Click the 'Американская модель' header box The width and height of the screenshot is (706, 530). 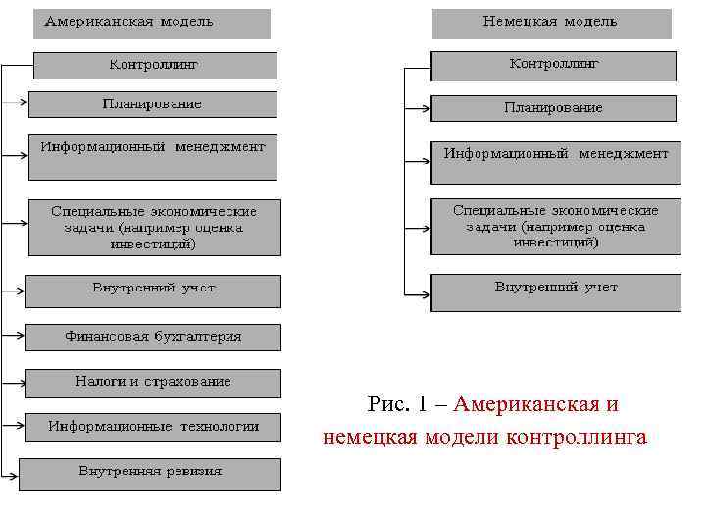[151, 23]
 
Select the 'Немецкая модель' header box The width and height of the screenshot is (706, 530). [551, 23]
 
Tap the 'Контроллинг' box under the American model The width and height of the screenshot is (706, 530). [154, 65]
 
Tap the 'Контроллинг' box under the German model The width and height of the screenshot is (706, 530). [554, 66]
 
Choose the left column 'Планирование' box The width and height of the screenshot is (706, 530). [153, 104]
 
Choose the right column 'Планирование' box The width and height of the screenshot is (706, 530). [554, 108]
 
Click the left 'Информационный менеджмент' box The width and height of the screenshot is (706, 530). [153, 156]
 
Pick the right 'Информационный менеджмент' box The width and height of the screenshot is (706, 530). [556, 162]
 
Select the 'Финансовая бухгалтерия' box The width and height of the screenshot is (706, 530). [153, 337]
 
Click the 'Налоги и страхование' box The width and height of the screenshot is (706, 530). [153, 383]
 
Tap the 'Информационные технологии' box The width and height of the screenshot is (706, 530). [153, 427]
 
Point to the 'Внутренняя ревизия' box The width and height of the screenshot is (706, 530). [150, 473]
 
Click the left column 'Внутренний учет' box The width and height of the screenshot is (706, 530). [153, 290]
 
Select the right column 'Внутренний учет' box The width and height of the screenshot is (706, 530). [556, 291]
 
